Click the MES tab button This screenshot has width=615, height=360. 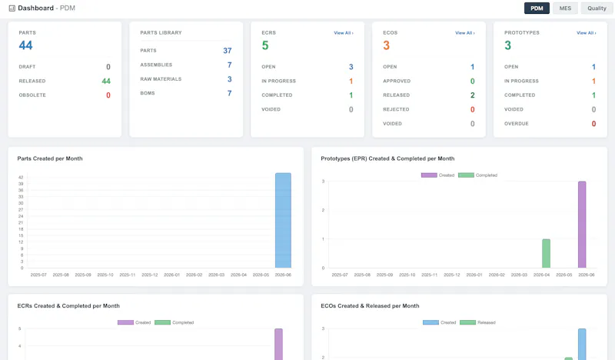click(x=565, y=8)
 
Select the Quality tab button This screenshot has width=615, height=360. click(x=597, y=8)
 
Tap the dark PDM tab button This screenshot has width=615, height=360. click(x=537, y=8)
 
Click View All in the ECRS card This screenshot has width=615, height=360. click(x=344, y=33)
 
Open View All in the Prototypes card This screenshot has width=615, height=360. click(x=587, y=33)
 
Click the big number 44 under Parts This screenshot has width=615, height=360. click(x=25, y=45)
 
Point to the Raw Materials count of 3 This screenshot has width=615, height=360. click(x=229, y=79)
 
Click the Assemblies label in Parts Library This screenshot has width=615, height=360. click(x=156, y=65)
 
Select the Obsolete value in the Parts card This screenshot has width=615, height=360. click(x=108, y=95)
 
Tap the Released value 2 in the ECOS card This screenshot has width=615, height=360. click(x=472, y=95)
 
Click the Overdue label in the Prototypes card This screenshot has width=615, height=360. click(x=516, y=124)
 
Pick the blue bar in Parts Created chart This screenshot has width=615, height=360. click(x=283, y=220)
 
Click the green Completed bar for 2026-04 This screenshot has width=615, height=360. click(x=546, y=254)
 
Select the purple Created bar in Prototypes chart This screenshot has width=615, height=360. click(x=582, y=225)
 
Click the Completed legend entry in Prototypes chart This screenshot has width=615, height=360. click(x=477, y=175)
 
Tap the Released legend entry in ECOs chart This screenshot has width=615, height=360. click(x=477, y=322)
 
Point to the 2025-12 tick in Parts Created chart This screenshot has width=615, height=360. click(x=149, y=275)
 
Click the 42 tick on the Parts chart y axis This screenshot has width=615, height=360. click(x=21, y=178)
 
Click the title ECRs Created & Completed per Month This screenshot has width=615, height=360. click(x=68, y=306)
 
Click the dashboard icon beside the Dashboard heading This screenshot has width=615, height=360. click(x=12, y=8)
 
